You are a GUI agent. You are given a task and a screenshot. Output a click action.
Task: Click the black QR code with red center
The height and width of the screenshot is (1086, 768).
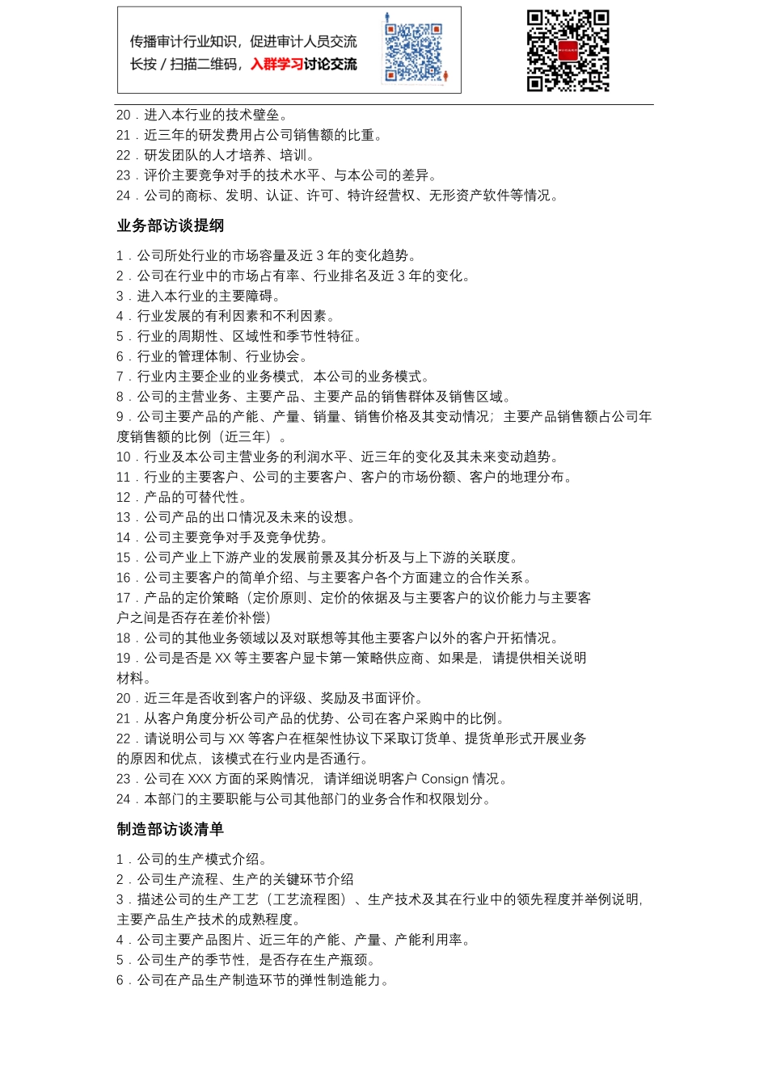tap(568, 51)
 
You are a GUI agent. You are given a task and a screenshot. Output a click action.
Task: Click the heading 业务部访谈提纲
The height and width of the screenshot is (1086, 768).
tap(171, 226)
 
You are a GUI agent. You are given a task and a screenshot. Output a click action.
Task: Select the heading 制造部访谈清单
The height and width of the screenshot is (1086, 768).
tap(171, 829)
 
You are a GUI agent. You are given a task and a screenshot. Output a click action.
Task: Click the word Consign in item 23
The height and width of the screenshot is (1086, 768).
tap(444, 779)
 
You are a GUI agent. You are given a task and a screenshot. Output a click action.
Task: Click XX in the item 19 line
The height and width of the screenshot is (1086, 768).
tap(223, 659)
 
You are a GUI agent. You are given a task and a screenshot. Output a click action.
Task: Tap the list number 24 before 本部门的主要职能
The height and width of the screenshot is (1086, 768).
tap(123, 799)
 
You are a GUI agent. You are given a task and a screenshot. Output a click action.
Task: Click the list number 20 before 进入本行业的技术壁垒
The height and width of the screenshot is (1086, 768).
tap(123, 116)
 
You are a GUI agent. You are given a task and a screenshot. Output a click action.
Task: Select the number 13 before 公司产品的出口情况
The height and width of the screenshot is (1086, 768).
tap(123, 517)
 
